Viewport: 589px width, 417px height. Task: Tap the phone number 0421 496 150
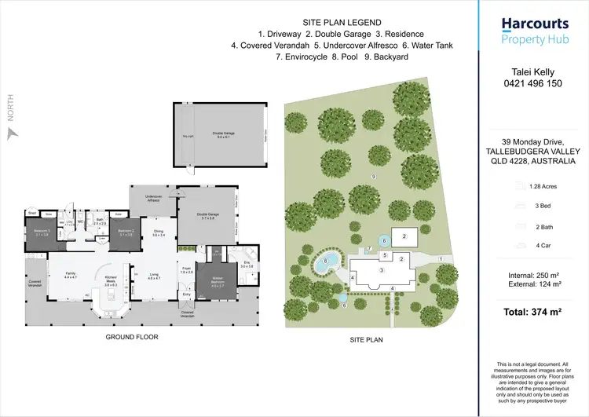tap(533, 83)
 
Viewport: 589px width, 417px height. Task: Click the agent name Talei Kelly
tap(533, 71)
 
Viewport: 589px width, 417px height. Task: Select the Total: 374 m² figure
tap(533, 313)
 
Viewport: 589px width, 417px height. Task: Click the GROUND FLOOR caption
tap(132, 337)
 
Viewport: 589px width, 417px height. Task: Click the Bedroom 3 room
tap(41, 234)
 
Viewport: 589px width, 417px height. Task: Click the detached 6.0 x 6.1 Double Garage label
tap(224, 134)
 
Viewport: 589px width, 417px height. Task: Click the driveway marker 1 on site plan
tap(441, 258)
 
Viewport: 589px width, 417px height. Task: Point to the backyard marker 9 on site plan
tap(374, 178)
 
